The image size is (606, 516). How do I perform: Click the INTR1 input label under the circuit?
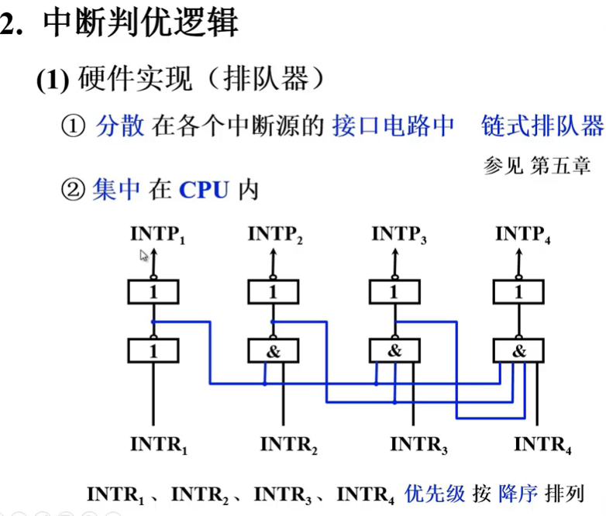point(159,445)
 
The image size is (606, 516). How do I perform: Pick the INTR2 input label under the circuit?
point(289,445)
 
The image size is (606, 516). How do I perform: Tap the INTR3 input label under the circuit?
point(419,445)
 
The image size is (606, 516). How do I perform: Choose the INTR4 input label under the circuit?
point(542,445)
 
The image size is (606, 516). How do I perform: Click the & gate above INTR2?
point(272,351)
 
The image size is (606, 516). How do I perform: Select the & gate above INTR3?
point(394,351)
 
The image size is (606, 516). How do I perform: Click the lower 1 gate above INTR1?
point(153,351)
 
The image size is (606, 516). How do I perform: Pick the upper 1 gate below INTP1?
point(153,292)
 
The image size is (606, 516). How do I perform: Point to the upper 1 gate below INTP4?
point(518,292)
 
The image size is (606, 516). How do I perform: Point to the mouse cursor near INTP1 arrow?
point(144,256)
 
